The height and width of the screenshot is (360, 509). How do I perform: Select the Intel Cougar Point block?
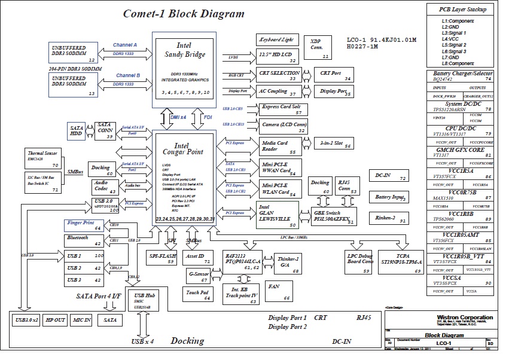pos(185,179)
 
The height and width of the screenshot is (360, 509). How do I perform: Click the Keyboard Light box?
pos(278,39)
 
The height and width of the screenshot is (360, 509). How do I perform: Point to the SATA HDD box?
pos(77,132)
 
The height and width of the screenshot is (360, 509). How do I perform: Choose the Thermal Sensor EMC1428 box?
pos(42,157)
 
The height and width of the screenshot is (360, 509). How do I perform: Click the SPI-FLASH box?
pos(162,258)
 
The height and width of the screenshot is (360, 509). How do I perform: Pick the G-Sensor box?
pos(197,276)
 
